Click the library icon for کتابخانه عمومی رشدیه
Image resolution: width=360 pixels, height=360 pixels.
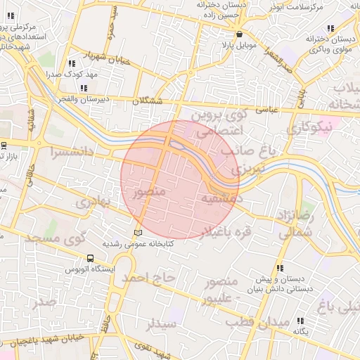click(138, 233)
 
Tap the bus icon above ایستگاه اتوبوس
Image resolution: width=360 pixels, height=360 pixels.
click(90, 259)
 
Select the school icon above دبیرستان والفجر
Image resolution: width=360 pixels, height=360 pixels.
click(84, 88)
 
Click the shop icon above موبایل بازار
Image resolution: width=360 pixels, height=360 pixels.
click(240, 34)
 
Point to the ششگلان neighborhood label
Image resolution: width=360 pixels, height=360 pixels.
click(148, 101)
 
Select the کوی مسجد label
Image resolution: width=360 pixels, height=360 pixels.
click(50, 238)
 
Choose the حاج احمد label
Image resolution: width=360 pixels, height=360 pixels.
click(148, 278)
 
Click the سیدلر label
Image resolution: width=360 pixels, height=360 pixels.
click(161, 323)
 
